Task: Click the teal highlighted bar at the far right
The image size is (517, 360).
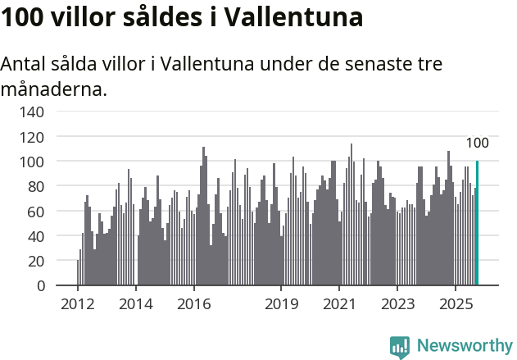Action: coord(477,223)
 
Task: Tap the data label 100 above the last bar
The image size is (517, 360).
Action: coord(477,144)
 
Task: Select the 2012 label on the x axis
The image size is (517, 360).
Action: coord(78,304)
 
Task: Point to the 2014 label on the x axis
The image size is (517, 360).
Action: coord(136,304)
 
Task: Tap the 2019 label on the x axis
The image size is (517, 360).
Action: coord(281,304)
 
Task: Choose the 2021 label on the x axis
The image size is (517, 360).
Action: coord(339,304)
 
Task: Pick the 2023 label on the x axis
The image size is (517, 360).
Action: coord(397,304)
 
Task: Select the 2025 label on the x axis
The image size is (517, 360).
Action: coord(455,304)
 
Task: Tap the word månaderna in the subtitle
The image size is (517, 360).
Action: coord(54,89)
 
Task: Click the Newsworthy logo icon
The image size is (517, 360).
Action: coord(400,347)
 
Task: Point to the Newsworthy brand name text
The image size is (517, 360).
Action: coord(464,346)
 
